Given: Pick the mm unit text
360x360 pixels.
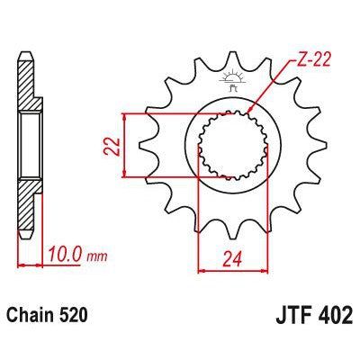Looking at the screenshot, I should (x=101, y=257).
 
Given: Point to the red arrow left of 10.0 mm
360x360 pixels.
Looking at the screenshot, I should (x=22, y=265).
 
